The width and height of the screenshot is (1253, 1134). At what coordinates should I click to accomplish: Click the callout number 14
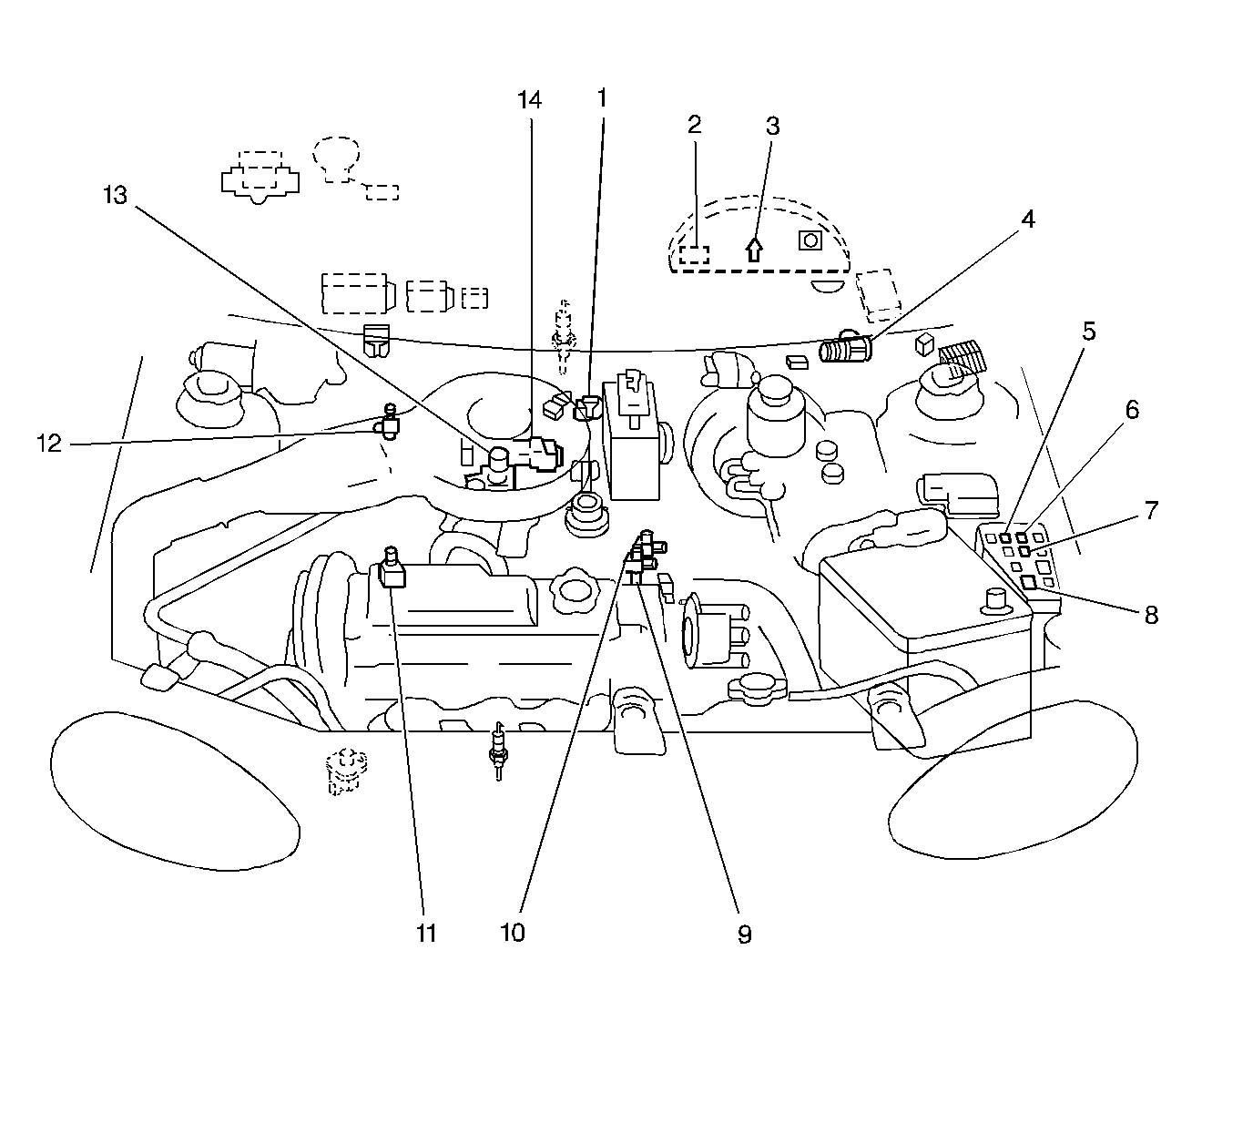tap(529, 100)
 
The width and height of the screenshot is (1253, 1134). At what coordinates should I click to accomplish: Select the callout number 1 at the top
tap(602, 97)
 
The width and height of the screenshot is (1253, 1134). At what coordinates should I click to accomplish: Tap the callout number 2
tap(694, 125)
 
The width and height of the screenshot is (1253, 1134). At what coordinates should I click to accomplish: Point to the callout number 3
tap(772, 126)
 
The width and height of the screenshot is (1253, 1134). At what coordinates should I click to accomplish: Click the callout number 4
tap(1027, 220)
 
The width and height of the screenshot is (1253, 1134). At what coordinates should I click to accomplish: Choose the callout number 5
tap(1088, 332)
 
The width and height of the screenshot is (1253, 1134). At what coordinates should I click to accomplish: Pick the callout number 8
tap(1151, 615)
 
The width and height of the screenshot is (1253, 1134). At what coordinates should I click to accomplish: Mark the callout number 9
tap(744, 934)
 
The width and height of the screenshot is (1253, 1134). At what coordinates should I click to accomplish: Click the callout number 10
tap(513, 933)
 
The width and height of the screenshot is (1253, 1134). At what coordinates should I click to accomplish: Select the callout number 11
tap(426, 933)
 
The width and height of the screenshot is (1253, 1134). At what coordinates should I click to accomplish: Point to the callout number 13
tap(116, 195)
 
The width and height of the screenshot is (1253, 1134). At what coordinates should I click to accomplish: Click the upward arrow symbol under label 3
tap(754, 249)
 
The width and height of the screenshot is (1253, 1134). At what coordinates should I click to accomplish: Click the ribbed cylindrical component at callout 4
tap(845, 350)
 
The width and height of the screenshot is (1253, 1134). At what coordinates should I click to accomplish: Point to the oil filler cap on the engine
tap(574, 593)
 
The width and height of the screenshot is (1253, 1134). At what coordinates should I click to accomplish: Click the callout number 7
tap(1151, 511)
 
